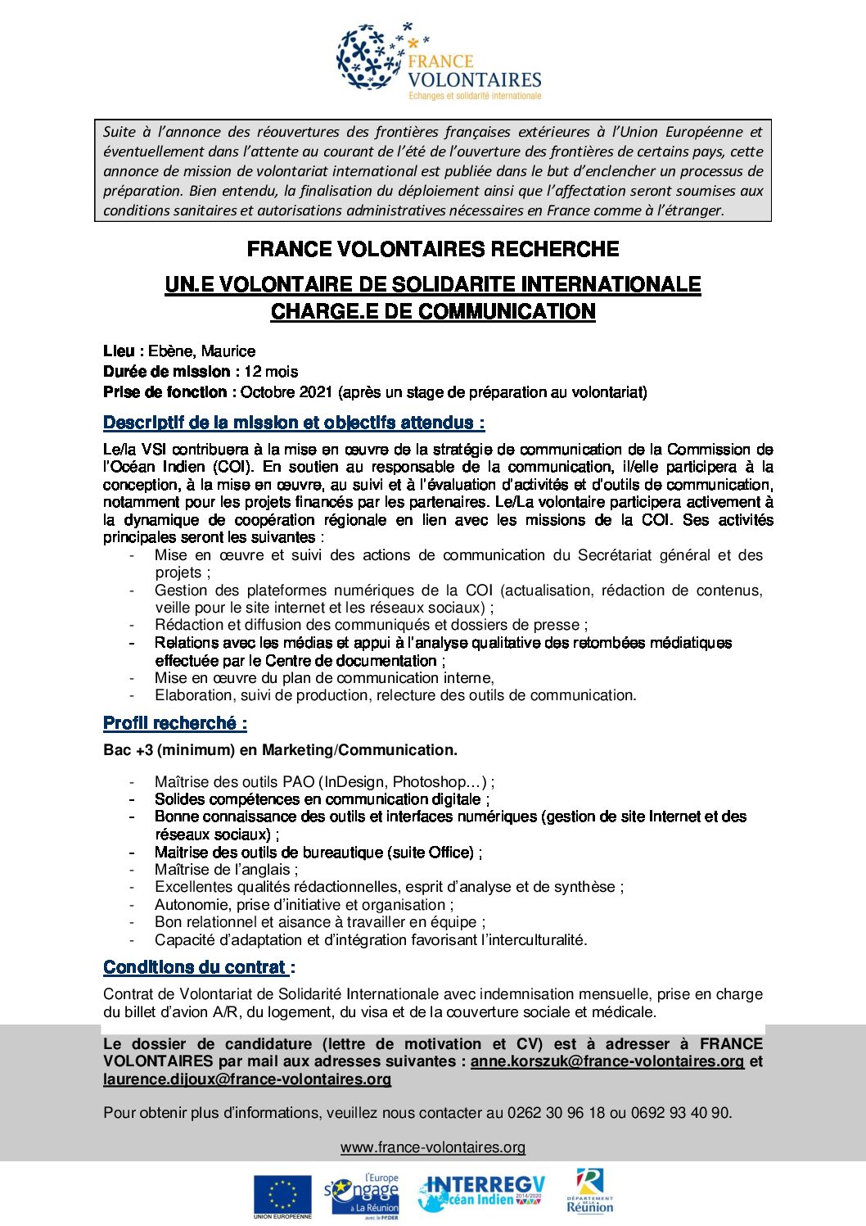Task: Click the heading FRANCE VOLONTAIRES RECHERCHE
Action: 433,249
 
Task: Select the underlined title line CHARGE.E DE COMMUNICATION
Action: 433,312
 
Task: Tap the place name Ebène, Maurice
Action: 201,351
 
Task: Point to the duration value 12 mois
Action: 271,372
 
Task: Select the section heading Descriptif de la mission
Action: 294,423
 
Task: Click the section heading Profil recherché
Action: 174,723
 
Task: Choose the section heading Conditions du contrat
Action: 196,967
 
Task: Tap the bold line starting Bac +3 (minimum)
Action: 280,750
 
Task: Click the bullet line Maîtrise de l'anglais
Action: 226,870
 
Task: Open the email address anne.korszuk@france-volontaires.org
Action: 607,1061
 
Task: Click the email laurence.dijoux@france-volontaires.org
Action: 247,1079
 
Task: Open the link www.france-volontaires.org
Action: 433,1147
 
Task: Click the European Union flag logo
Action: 282,1197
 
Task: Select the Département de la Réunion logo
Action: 589,1192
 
